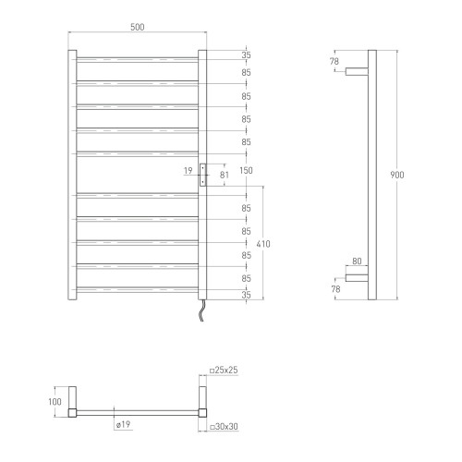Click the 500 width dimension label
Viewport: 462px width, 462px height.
point(138,27)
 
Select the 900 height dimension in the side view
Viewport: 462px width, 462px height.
point(397,175)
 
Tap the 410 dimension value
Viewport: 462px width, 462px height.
point(263,244)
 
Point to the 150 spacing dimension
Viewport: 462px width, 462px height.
point(246,170)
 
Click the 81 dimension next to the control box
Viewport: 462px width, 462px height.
point(225,175)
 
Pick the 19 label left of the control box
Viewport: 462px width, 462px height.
point(188,170)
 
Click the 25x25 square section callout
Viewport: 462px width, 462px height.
point(224,370)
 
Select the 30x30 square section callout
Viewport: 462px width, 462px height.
point(224,427)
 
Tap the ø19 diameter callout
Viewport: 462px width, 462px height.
point(124,424)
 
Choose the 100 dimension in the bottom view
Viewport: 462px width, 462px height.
point(55,402)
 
